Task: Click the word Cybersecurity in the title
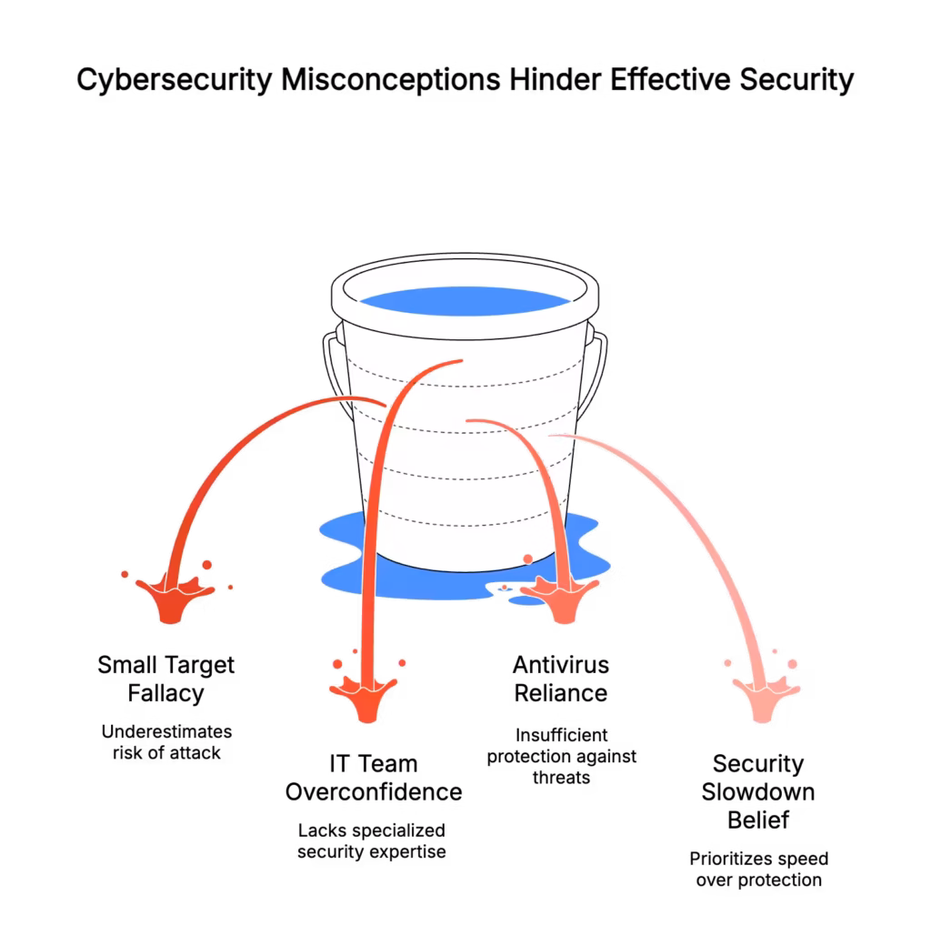coord(175,80)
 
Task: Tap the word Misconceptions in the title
coord(391,79)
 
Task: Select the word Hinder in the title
coord(555,79)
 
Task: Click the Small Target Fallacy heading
coord(165,679)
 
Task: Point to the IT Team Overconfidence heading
coord(374,778)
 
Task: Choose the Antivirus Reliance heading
coord(561,679)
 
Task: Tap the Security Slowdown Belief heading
coord(758,791)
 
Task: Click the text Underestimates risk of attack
coord(166,742)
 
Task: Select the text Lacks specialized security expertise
coord(372,841)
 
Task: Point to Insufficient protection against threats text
coord(561,756)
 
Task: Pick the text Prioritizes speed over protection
coord(758,870)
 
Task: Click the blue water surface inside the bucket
coord(465,301)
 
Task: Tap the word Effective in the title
coord(670,79)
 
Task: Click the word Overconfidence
coord(374,792)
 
